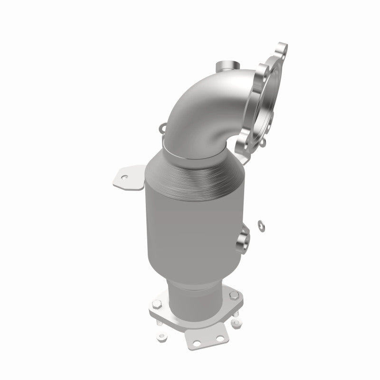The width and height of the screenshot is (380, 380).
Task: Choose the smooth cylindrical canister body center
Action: [x=190, y=223]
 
